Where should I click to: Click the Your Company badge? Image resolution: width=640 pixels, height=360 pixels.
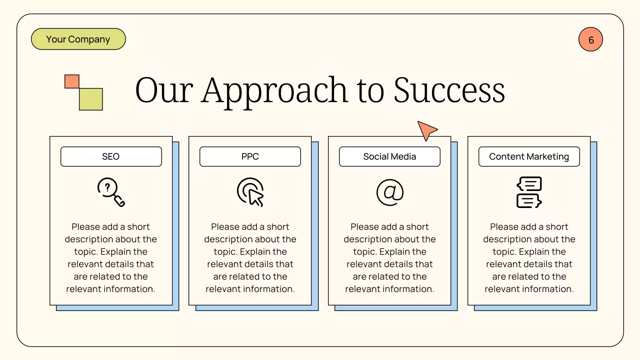click(78, 39)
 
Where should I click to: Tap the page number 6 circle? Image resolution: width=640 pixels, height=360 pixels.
click(590, 39)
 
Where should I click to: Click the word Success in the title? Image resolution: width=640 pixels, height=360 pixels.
click(449, 90)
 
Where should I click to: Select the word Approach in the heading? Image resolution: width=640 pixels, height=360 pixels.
click(274, 90)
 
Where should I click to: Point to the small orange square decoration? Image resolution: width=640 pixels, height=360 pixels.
click(72, 81)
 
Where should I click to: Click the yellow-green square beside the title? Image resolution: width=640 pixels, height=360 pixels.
click(91, 99)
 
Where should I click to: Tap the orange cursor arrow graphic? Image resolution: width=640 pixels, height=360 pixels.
click(426, 130)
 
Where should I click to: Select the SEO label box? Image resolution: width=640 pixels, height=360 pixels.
click(111, 156)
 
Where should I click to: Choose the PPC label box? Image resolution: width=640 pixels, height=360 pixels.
click(250, 156)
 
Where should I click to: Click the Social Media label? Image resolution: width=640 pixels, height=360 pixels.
click(389, 156)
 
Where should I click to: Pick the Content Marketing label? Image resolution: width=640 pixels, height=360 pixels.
click(529, 156)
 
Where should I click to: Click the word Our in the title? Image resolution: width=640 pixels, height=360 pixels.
click(164, 90)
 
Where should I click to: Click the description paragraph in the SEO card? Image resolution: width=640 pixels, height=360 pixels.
click(111, 257)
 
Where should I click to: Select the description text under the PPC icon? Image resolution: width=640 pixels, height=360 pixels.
click(250, 257)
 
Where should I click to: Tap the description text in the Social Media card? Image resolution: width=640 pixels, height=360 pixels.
click(389, 257)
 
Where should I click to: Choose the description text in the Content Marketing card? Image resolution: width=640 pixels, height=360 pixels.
click(529, 257)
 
